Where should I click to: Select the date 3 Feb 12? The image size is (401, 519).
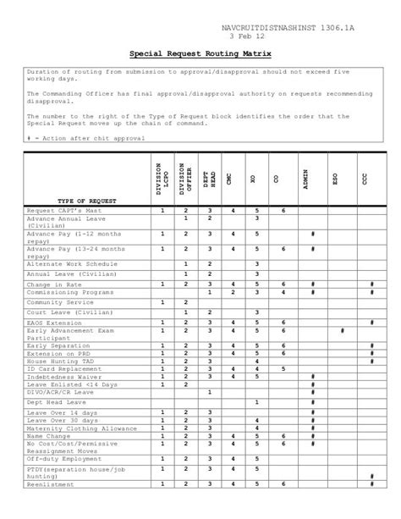(x=248, y=38)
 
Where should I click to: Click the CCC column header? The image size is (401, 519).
(x=365, y=179)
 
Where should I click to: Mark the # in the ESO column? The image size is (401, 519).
(x=341, y=331)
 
